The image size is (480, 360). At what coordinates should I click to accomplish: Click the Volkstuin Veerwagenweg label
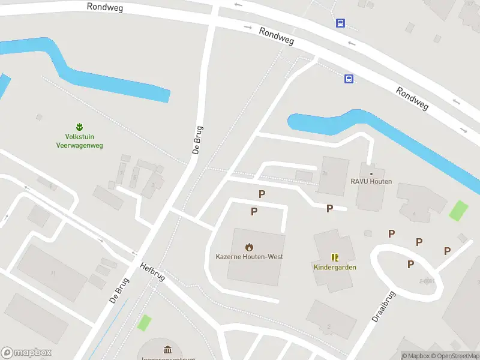coord(79,142)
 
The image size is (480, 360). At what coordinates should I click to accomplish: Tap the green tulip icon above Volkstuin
coord(79,127)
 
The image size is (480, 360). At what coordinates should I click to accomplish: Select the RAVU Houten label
coord(371,182)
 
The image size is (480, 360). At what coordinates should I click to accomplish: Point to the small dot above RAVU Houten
coord(371,173)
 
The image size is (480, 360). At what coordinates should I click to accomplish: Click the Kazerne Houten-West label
coord(249,257)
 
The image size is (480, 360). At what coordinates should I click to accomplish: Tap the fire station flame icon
coord(249,247)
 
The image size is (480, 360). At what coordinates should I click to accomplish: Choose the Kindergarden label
coord(335,267)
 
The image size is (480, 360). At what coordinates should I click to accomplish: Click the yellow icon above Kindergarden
coord(335,257)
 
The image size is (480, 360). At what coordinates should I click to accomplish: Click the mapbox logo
coord(26,353)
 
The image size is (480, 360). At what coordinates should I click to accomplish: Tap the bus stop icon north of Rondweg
coord(340,23)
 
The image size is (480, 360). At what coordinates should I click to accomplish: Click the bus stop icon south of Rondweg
coord(349,79)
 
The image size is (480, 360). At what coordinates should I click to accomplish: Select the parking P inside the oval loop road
coord(410,264)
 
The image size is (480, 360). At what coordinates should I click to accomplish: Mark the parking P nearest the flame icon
coord(254,211)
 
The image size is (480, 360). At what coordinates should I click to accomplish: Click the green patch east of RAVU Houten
coord(459,210)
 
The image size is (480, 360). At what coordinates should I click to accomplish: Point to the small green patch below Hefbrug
coord(144,322)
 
